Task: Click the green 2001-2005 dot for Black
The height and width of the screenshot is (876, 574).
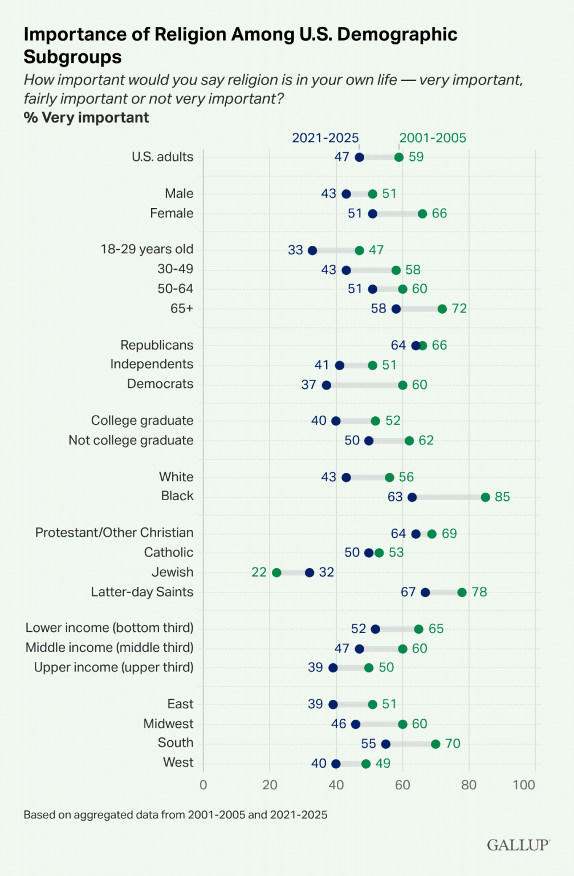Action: (486, 497)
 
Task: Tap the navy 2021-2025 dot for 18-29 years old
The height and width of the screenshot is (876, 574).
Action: (312, 250)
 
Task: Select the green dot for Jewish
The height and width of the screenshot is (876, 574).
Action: (276, 573)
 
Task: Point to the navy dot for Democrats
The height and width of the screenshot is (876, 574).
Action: (326, 385)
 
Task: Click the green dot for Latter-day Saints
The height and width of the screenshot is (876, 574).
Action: (462, 593)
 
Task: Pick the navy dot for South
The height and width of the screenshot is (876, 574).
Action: (386, 744)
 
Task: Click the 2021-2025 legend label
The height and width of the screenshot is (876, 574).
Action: (325, 138)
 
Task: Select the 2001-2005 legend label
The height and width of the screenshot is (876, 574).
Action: (433, 138)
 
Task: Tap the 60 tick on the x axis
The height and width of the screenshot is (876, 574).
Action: (402, 785)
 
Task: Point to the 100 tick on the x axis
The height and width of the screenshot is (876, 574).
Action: (524, 785)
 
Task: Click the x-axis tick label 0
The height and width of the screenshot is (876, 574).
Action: (203, 785)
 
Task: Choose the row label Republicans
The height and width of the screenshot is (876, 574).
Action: (157, 346)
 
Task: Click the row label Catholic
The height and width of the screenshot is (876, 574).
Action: (169, 553)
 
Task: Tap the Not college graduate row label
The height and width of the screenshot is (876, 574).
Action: (131, 441)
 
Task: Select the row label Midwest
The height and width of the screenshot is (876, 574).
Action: (169, 724)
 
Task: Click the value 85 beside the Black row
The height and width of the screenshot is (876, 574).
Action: (502, 497)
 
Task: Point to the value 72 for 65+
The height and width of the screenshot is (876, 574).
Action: (459, 309)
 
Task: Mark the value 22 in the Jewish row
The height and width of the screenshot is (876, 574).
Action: (259, 573)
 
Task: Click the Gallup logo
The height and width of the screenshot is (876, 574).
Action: (518, 845)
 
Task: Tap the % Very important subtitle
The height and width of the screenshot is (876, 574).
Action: (86, 118)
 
